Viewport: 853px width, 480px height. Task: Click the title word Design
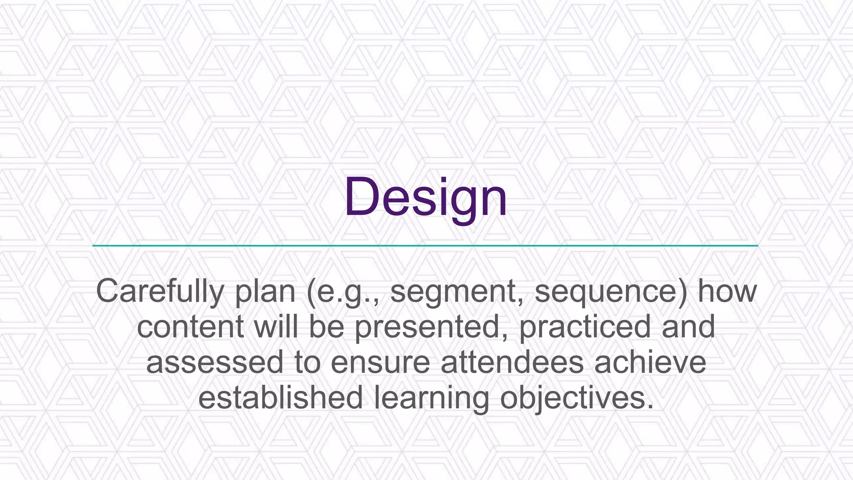[425, 197]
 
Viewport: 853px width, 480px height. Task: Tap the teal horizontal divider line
[425, 246]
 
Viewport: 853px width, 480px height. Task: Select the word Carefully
[160, 292]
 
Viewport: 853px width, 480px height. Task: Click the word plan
[265, 292]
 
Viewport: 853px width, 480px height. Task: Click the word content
[190, 327]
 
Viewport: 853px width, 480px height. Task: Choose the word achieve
[650, 362]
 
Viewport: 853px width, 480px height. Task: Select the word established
[280, 397]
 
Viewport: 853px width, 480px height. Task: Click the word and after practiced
[688, 327]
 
